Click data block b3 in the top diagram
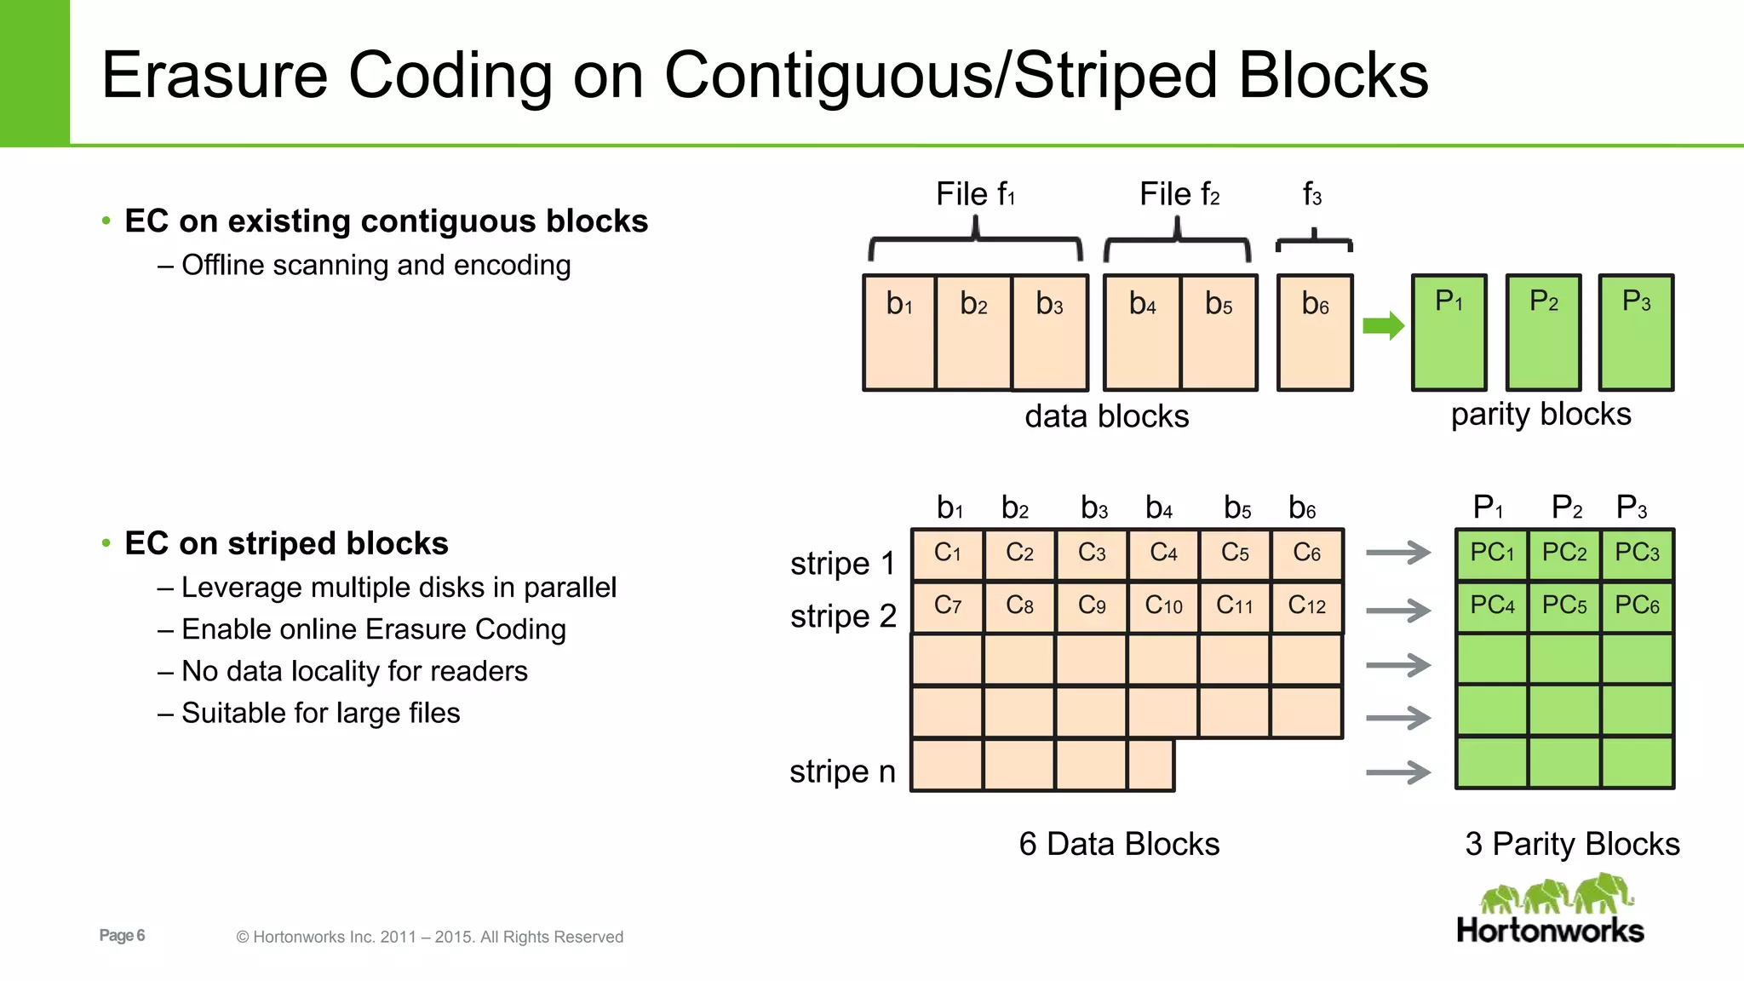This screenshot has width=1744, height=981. coord(1049,332)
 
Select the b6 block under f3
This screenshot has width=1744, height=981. coord(1315,332)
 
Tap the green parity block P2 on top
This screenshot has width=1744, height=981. coord(1543,332)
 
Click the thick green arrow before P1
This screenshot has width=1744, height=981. coord(1382,325)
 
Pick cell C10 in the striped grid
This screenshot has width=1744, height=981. coord(1163,606)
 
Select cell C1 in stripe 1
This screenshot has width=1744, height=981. coord(947,554)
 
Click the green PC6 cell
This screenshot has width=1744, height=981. coord(1637,606)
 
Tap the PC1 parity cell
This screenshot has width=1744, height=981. coord(1492,554)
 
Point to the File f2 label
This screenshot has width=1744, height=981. coord(1179,195)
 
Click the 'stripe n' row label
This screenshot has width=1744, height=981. coord(842,772)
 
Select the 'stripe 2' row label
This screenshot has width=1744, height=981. coord(843,616)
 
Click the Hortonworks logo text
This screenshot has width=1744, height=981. coord(1550,931)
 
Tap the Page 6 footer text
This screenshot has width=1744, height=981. coord(122,936)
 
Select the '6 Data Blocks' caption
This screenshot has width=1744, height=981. coord(1119,844)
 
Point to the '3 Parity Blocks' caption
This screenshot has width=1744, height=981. coord(1572,844)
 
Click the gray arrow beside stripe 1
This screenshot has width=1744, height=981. coord(1398,553)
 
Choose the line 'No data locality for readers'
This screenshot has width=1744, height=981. coord(354,671)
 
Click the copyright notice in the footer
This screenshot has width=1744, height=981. coord(430,937)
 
